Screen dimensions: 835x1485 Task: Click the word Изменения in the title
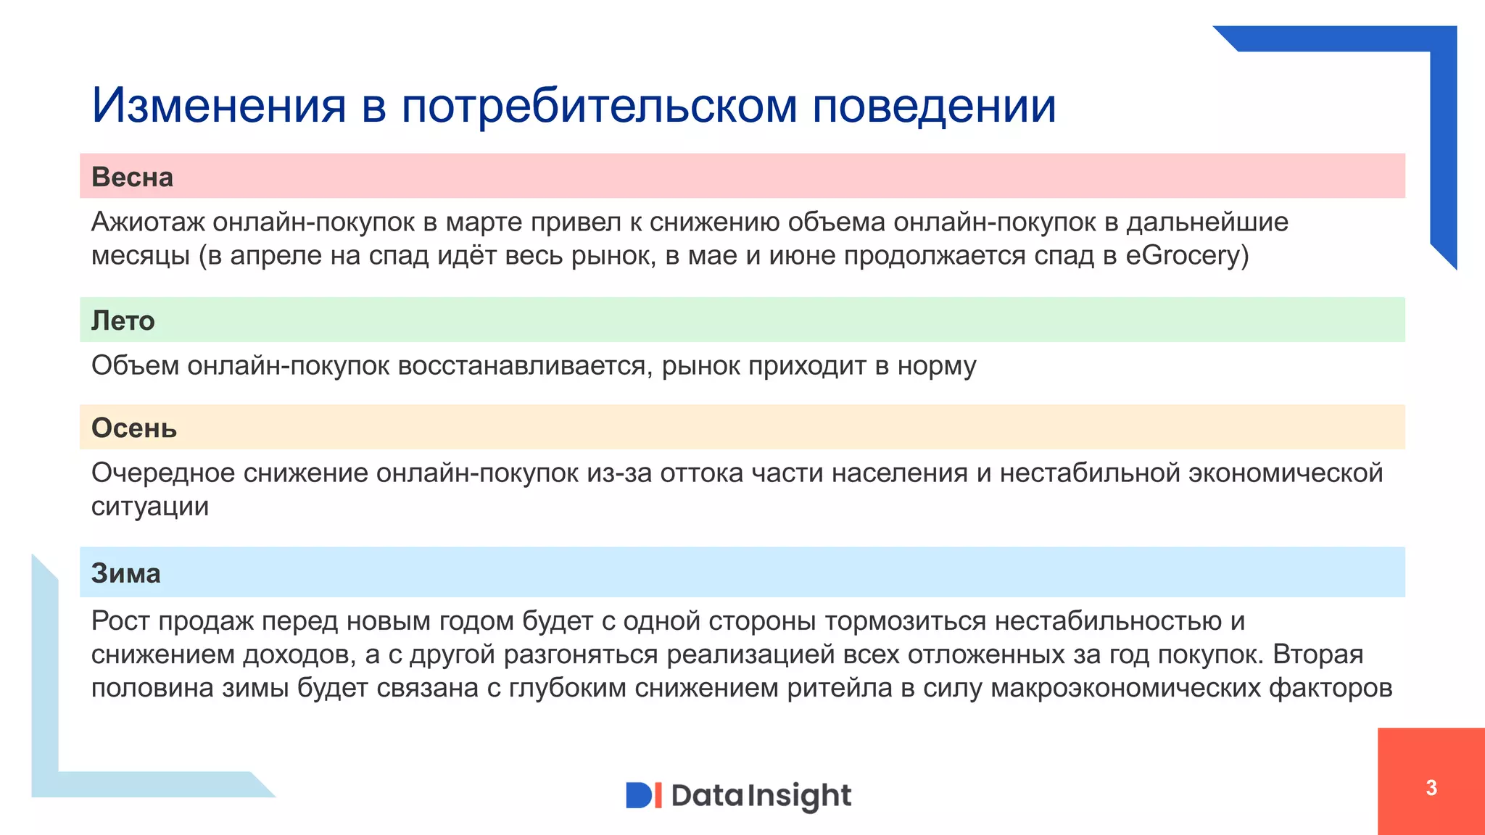(218, 106)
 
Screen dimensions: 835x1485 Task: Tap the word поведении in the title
(934, 106)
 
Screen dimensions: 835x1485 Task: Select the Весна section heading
(132, 177)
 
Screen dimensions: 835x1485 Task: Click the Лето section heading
(123, 320)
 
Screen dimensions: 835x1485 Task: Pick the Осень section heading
(133, 428)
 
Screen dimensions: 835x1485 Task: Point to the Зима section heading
(125, 573)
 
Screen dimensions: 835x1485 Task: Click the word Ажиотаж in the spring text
(147, 222)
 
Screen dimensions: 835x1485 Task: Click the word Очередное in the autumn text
(162, 473)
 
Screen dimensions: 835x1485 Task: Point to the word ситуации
(149, 507)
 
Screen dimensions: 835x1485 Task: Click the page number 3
(1431, 788)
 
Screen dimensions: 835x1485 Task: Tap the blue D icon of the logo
(639, 795)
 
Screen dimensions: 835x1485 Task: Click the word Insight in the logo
(798, 796)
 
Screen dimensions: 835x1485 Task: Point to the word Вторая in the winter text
(1318, 655)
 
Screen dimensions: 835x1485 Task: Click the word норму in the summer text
(937, 366)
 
